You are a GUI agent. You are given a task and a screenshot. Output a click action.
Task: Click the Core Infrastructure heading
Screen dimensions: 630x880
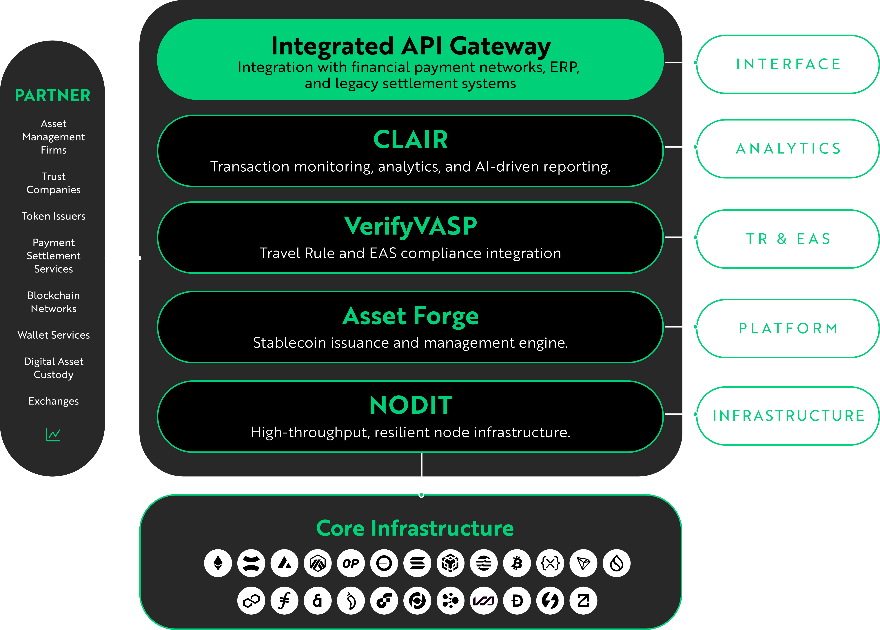pyautogui.click(x=415, y=528)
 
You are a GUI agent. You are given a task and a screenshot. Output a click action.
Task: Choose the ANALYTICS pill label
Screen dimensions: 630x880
pyautogui.click(x=788, y=149)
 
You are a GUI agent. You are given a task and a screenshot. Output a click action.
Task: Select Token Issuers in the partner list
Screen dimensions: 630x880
pyautogui.click(x=54, y=216)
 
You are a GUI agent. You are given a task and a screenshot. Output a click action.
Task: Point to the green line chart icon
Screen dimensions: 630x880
pyautogui.click(x=53, y=435)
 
